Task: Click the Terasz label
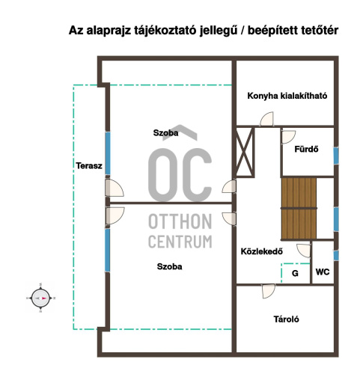point(89,166)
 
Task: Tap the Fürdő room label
point(306,149)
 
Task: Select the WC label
point(323,272)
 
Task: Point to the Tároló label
point(286,319)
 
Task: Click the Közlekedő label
point(262,251)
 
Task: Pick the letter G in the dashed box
point(295,274)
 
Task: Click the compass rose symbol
point(40,298)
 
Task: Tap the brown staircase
point(299,209)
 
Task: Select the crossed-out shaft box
point(245,152)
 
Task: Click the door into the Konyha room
point(266,119)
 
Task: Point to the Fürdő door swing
point(288,137)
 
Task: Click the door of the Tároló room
point(269,291)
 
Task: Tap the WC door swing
point(304,251)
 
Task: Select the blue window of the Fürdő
point(336,156)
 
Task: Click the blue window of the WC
point(336,256)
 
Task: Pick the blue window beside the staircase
point(336,219)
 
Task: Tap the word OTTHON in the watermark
point(180,221)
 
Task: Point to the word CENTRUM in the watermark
point(180,242)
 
